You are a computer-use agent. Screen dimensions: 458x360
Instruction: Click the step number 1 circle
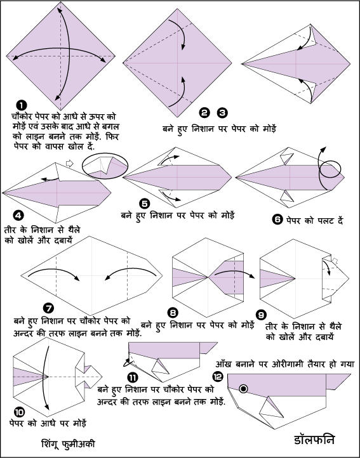tap(22, 106)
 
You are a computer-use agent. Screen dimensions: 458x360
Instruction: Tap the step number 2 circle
tap(204, 114)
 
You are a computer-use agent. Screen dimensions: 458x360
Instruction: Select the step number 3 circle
tap(222, 114)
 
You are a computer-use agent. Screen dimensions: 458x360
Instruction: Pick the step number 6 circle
tap(277, 220)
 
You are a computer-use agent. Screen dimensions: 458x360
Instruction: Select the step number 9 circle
tap(260, 314)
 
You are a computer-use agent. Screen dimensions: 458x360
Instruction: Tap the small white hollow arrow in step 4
tap(70, 164)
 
